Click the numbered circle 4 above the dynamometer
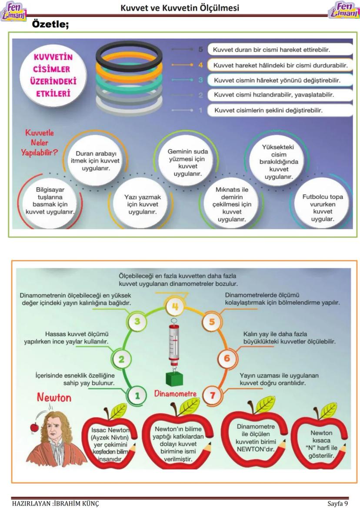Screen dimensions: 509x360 pos(175,307)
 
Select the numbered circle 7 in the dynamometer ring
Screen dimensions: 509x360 pos(212,396)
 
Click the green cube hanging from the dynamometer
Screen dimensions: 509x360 pos(174,379)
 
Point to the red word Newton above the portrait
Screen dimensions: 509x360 pos(54,397)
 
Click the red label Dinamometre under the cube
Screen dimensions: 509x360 pos(176,394)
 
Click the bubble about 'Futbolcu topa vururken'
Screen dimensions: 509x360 pos(323,208)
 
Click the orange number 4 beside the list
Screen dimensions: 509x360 pos(200,65)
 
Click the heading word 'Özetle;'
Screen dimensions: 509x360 pos(51,25)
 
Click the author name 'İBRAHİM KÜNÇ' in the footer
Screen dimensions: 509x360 pos(76,503)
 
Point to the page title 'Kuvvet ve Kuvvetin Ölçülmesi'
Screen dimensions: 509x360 pos(180,8)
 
